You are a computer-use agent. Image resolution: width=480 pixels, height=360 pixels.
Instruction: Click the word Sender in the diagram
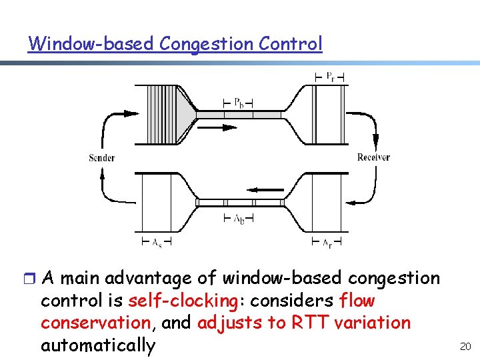[101, 158]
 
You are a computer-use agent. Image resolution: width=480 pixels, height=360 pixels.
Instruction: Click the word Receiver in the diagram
[373, 157]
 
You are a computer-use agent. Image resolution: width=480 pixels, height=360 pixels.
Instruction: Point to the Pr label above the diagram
[330, 75]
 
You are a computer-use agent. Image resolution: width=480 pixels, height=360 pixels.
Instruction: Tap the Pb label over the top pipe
[238, 103]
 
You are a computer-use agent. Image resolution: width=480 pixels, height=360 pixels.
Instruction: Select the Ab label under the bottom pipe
[238, 219]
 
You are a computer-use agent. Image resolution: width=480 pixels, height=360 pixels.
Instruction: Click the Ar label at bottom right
[327, 243]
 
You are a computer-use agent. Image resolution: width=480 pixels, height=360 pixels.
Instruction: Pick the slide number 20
[465, 346]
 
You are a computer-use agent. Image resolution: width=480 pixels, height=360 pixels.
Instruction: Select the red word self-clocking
[182, 301]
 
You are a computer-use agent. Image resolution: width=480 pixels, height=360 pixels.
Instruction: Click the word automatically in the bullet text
[97, 346]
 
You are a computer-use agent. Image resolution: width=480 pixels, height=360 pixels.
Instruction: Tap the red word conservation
[96, 323]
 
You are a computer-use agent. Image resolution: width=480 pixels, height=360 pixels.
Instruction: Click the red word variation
[373, 323]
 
